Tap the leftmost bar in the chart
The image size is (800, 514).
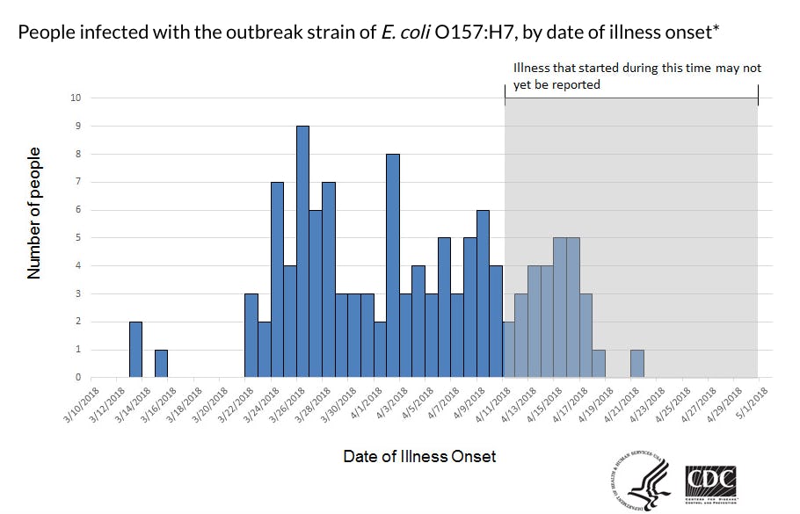point(135,350)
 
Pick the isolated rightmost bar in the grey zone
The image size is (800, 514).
point(636,364)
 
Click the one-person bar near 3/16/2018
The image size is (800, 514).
point(161,364)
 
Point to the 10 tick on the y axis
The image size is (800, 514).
point(76,98)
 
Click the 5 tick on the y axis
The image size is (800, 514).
point(77,238)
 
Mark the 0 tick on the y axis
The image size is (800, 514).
point(77,378)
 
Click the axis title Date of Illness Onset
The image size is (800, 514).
point(419,456)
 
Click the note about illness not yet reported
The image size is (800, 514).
point(636,76)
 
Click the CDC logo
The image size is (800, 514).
point(710,482)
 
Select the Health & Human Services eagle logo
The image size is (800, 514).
point(641,482)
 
